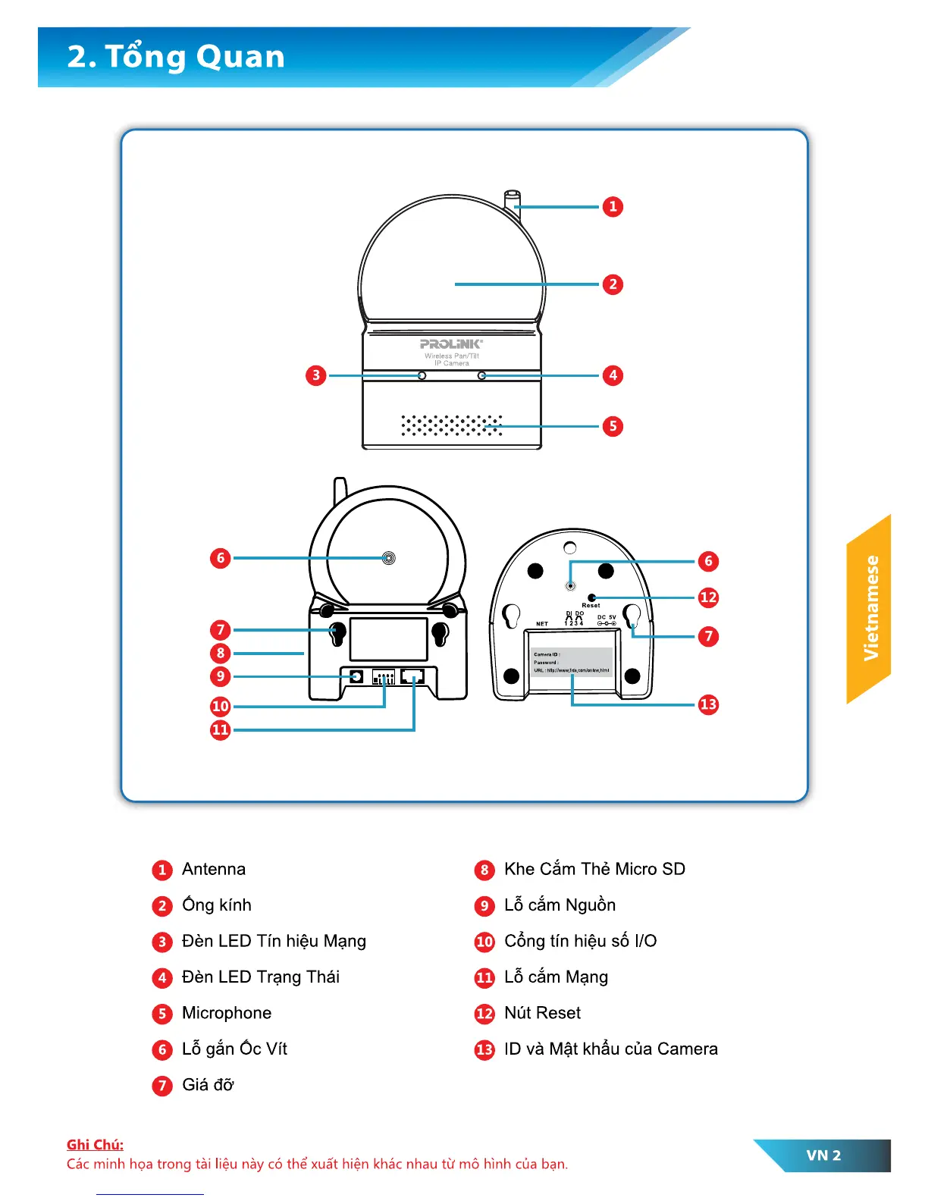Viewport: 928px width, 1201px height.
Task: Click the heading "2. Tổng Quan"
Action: point(176,57)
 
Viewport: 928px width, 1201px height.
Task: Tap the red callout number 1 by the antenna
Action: point(613,207)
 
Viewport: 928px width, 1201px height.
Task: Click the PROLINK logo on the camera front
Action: point(451,344)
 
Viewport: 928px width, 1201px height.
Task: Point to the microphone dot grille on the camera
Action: point(452,425)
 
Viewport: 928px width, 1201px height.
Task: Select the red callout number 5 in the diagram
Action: point(613,426)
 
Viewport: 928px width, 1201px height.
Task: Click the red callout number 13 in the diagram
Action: point(708,704)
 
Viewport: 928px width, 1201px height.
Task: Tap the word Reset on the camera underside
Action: point(591,606)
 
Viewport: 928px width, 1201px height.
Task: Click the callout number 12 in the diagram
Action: point(708,597)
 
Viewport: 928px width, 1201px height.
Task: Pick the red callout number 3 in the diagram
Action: point(316,375)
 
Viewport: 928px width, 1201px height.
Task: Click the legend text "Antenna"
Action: point(214,869)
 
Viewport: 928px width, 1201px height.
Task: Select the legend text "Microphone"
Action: point(227,1013)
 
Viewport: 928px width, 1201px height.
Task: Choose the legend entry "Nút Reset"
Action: point(542,1013)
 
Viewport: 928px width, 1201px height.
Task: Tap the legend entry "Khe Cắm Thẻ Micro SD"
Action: point(594,869)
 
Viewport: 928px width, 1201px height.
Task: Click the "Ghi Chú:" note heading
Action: point(95,1145)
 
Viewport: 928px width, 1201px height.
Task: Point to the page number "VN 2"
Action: point(823,1156)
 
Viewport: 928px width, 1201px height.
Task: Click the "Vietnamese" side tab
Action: point(870,608)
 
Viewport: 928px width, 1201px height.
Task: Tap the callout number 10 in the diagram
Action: point(220,707)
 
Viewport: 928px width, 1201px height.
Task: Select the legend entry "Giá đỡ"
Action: point(208,1085)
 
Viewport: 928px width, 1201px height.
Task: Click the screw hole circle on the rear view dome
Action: point(388,558)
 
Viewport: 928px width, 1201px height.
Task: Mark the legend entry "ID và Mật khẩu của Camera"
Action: point(610,1049)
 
